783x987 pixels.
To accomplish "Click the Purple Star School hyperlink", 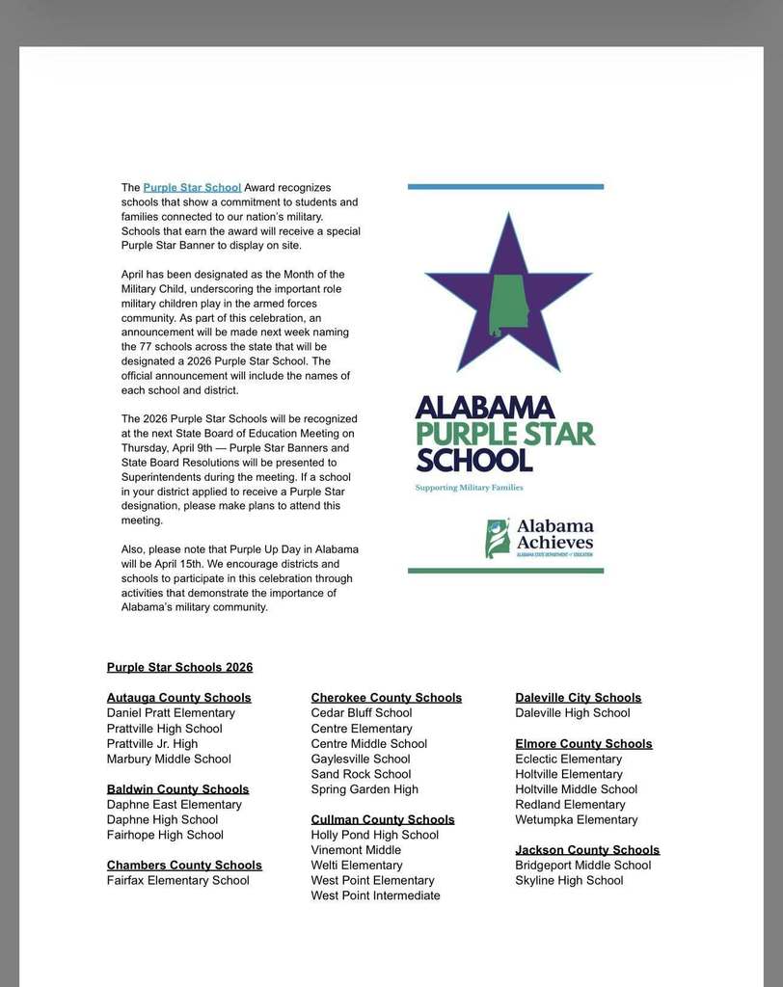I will point(192,187).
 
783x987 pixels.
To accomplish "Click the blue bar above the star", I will point(505,187).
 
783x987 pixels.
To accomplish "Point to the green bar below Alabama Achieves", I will point(505,571).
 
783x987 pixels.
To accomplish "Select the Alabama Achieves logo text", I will point(554,534).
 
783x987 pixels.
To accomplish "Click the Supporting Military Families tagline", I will point(469,488).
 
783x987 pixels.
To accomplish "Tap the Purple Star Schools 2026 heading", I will point(179,667).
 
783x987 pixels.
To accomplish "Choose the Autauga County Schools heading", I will point(178,698).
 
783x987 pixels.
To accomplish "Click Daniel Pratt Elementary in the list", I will point(171,713).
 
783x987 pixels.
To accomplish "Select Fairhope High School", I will point(165,835).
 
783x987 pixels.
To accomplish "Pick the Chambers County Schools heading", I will point(184,866).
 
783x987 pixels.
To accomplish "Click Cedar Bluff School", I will point(361,713).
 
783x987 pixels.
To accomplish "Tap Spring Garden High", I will point(364,789).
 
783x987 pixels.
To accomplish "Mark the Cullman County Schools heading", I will point(382,820).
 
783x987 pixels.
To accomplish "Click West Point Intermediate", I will point(375,895).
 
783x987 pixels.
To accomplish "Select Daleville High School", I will point(572,713).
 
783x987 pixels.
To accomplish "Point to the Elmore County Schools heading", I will point(583,744).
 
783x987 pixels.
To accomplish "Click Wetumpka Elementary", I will point(576,820).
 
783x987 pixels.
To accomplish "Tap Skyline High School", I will point(569,880).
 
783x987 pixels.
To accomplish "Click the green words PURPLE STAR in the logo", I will point(505,434).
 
